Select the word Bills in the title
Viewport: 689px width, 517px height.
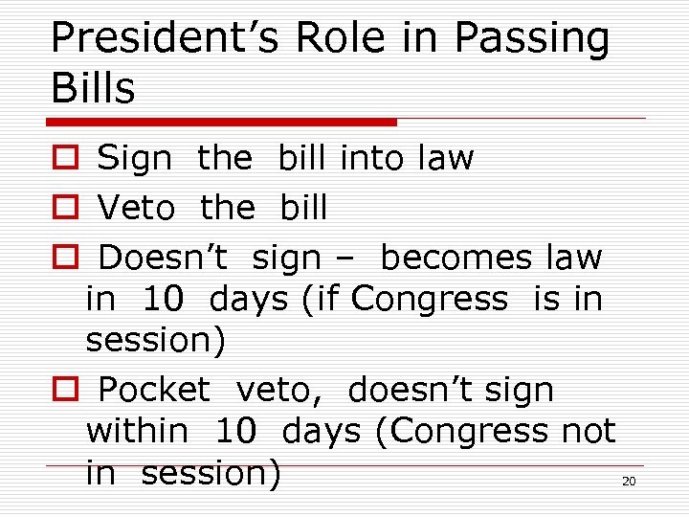click(x=93, y=88)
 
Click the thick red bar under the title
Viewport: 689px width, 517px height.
click(x=222, y=122)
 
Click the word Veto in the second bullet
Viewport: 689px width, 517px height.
click(x=136, y=208)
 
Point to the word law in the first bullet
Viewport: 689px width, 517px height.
click(x=445, y=158)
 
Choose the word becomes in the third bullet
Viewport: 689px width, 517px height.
click(x=456, y=258)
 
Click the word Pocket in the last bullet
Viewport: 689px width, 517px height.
click(x=154, y=391)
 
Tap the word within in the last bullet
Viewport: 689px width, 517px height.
click(x=137, y=432)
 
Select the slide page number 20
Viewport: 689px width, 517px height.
click(x=629, y=482)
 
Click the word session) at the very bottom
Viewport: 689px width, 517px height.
click(x=211, y=474)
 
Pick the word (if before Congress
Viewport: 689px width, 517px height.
click(x=321, y=300)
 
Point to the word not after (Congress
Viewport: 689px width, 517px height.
click(x=589, y=432)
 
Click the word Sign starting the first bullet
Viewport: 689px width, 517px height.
click(x=135, y=158)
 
